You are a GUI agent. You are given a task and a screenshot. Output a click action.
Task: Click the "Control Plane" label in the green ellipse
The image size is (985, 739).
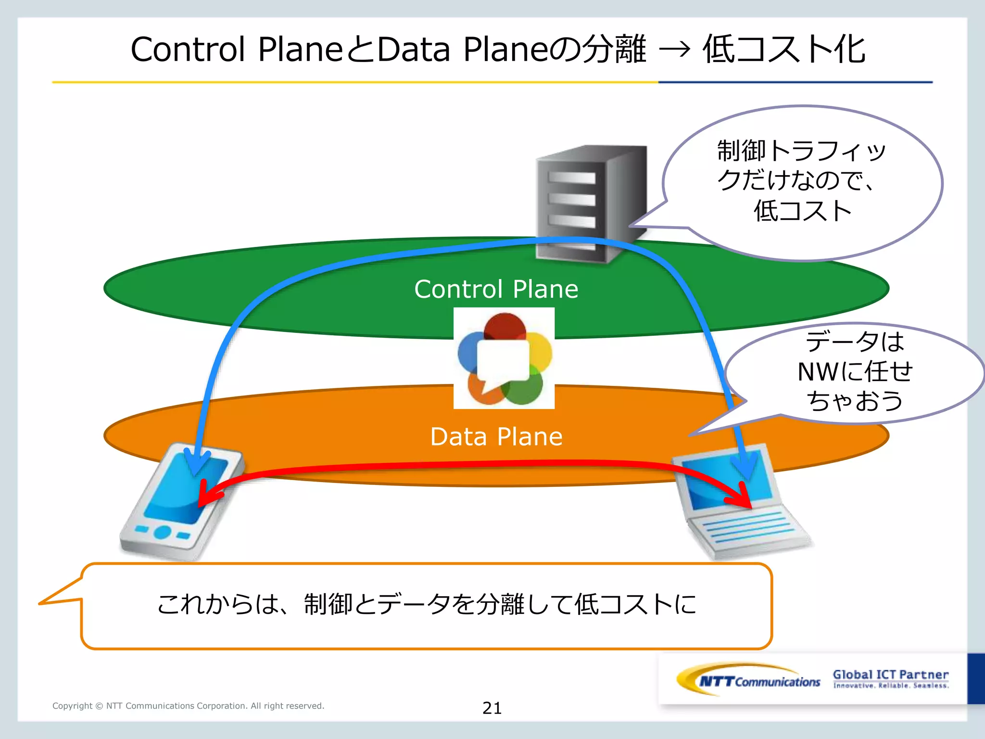click(496, 289)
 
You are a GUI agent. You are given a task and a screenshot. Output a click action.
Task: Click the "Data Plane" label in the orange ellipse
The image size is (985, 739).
click(496, 437)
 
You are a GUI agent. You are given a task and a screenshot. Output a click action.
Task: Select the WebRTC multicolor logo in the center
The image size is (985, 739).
click(504, 358)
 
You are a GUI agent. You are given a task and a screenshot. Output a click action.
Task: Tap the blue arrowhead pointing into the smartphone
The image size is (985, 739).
click(196, 465)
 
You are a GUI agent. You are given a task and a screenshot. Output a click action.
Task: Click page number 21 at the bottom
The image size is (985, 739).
click(492, 708)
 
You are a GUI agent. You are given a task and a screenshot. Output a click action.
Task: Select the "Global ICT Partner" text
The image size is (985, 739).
click(890, 675)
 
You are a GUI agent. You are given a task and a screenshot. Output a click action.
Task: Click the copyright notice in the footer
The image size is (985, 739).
click(188, 706)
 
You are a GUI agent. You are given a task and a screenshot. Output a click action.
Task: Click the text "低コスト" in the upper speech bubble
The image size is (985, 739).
click(802, 211)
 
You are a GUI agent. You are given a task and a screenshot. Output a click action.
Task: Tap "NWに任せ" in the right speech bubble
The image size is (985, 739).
click(855, 371)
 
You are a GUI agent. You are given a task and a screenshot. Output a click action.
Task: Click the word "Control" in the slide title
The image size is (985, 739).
click(188, 50)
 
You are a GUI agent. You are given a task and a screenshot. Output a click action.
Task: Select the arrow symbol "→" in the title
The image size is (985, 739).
click(674, 50)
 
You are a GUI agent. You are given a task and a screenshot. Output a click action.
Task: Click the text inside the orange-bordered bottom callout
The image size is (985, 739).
click(427, 604)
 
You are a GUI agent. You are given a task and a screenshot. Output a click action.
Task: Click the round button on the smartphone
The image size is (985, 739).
click(163, 532)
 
